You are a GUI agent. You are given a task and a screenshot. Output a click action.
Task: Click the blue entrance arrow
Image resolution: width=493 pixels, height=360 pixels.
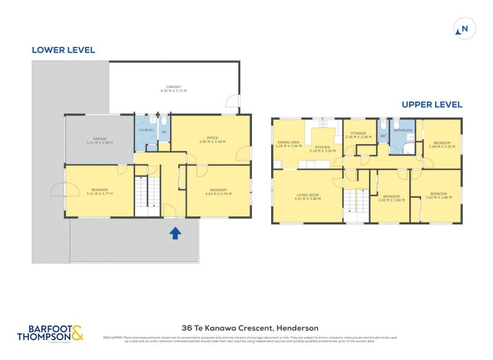coord(175,232)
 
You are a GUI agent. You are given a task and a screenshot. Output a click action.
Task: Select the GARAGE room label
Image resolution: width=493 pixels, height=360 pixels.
coord(99,139)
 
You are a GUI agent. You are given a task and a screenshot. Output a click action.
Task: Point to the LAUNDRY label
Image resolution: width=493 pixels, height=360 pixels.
coord(146,130)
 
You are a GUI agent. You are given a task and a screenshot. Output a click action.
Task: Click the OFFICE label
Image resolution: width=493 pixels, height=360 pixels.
coord(211,137)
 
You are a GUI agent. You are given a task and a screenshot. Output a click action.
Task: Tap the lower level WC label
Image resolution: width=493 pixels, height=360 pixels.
coord(164,132)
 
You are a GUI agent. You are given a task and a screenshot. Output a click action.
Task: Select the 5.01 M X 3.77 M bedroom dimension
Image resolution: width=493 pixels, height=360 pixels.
coord(99,194)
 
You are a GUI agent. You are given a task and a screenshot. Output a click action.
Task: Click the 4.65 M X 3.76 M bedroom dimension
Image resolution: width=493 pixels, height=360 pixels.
coord(218,194)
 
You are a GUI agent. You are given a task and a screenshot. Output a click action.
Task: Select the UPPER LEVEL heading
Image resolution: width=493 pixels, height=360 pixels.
coord(431,105)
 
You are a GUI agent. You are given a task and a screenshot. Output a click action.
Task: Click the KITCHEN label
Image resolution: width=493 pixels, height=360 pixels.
coord(323,147)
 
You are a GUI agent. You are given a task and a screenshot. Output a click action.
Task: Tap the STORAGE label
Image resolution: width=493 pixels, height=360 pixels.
coord(358,133)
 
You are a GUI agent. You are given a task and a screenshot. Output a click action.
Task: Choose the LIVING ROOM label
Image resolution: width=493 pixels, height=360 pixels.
coord(307,194)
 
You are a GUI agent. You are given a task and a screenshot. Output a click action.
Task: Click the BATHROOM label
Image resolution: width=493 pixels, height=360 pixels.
coord(402,130)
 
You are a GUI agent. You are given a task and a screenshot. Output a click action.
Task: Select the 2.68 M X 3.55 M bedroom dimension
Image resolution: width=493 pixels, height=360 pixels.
coord(442,147)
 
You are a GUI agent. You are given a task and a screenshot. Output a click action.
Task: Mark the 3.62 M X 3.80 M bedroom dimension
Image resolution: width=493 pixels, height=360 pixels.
coord(438,197)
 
